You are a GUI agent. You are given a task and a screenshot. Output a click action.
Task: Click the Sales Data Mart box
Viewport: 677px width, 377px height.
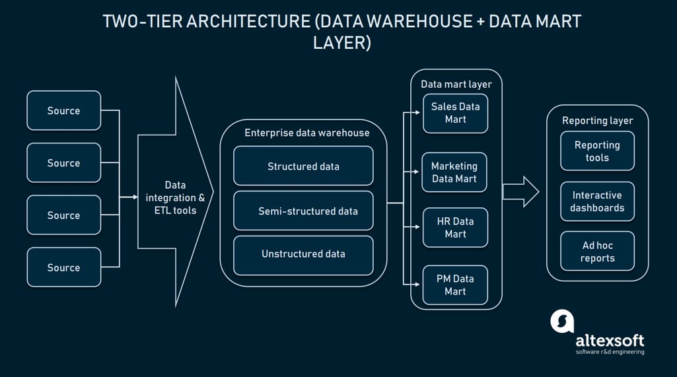455,113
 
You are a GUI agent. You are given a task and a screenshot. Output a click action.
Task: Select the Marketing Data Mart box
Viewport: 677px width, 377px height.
454,172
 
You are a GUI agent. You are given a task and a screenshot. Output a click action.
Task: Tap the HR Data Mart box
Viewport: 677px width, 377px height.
455,228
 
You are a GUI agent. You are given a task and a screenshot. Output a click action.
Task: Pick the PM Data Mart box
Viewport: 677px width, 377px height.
455,285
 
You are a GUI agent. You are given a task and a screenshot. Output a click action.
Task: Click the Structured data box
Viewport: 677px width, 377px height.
303,166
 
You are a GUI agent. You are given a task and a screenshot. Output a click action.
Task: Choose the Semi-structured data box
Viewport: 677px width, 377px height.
303,211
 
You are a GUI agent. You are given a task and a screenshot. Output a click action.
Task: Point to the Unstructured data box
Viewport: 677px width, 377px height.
303,254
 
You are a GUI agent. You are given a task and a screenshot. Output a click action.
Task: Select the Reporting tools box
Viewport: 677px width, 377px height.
597,151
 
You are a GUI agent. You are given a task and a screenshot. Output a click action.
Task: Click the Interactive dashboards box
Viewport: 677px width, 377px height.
597,201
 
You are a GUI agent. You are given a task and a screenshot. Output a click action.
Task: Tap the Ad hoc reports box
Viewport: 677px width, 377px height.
597,252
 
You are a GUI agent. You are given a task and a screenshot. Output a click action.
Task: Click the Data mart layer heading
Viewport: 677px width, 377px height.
456,84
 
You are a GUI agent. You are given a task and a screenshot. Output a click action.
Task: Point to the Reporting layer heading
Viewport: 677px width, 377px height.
597,120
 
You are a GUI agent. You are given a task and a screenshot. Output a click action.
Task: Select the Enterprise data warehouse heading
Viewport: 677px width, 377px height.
306,133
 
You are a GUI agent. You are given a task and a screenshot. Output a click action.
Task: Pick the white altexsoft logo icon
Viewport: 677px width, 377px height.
562,322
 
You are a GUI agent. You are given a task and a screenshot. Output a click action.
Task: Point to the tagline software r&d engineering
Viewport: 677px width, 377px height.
610,352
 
